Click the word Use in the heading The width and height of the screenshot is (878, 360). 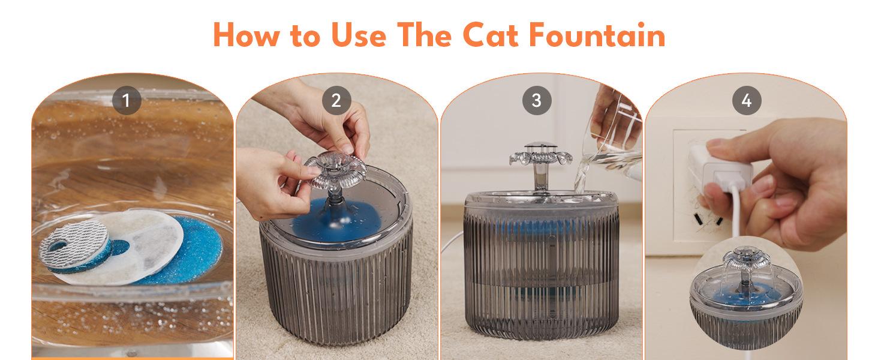[x=358, y=35]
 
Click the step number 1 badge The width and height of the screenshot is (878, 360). [x=127, y=100]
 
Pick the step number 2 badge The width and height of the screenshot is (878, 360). [x=336, y=100]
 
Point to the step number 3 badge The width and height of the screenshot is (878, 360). [x=537, y=100]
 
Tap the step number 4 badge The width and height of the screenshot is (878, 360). [x=747, y=100]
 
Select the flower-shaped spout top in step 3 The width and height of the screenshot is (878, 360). [x=540, y=155]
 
